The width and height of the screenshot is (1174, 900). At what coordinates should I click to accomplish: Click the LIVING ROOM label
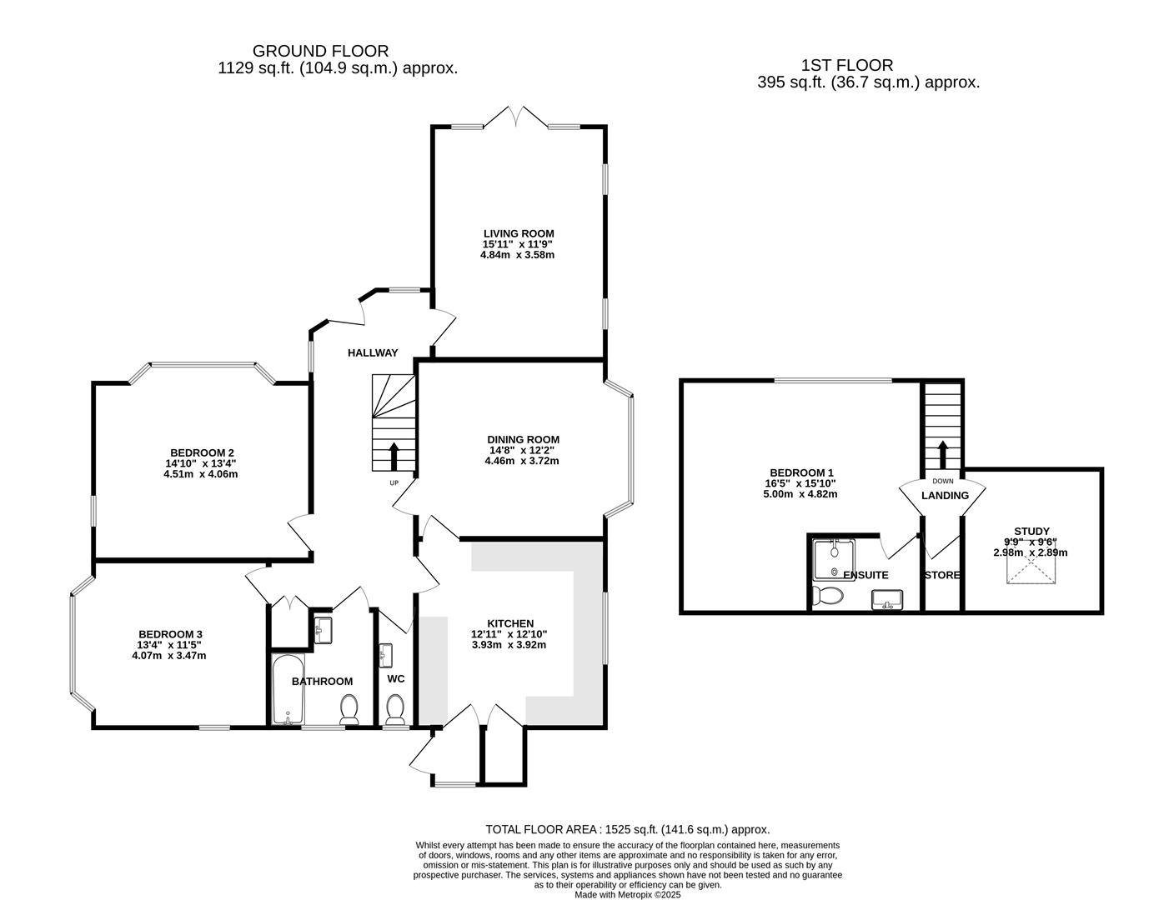519,233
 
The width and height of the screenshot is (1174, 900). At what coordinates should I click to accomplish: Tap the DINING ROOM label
523,439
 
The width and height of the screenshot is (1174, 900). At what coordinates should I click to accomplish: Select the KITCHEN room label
510,623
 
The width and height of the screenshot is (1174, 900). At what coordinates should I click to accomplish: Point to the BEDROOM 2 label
202,452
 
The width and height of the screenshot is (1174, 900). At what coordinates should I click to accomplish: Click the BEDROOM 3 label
170,633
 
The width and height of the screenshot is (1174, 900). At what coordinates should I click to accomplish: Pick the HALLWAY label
373,352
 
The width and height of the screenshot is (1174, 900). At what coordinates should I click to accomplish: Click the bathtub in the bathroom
286,688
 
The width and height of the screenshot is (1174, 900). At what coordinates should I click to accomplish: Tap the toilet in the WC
395,711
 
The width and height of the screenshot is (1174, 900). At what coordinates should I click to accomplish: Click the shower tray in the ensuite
831,559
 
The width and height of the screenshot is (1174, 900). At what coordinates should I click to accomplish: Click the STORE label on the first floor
942,575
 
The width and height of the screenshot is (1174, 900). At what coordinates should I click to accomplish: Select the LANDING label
945,495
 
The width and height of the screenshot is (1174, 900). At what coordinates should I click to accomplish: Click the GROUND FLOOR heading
320,52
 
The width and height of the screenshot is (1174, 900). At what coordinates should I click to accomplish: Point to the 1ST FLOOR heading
846,65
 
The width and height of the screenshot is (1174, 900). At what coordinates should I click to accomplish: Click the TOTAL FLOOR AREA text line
627,829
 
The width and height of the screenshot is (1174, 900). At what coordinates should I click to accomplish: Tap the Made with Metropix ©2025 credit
627,894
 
